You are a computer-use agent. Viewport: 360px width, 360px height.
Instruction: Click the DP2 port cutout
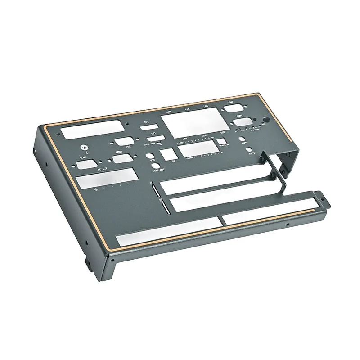[x=148, y=128]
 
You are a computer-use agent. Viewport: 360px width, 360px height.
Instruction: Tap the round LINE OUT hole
[x=156, y=166]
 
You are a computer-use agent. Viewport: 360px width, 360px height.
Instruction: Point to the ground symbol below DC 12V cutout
[x=96, y=190]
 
